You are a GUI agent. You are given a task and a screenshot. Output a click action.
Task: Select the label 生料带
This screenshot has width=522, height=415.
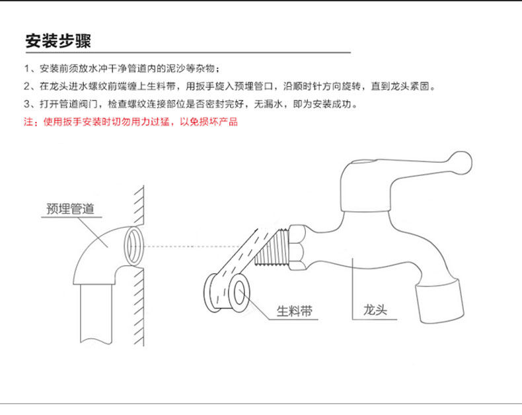(293, 310)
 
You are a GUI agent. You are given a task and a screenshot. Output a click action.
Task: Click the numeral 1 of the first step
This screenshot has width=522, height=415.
(27, 69)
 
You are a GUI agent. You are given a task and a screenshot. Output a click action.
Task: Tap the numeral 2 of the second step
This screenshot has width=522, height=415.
(27, 87)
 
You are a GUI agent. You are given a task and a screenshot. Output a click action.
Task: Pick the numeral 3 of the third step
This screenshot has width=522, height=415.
(27, 105)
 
